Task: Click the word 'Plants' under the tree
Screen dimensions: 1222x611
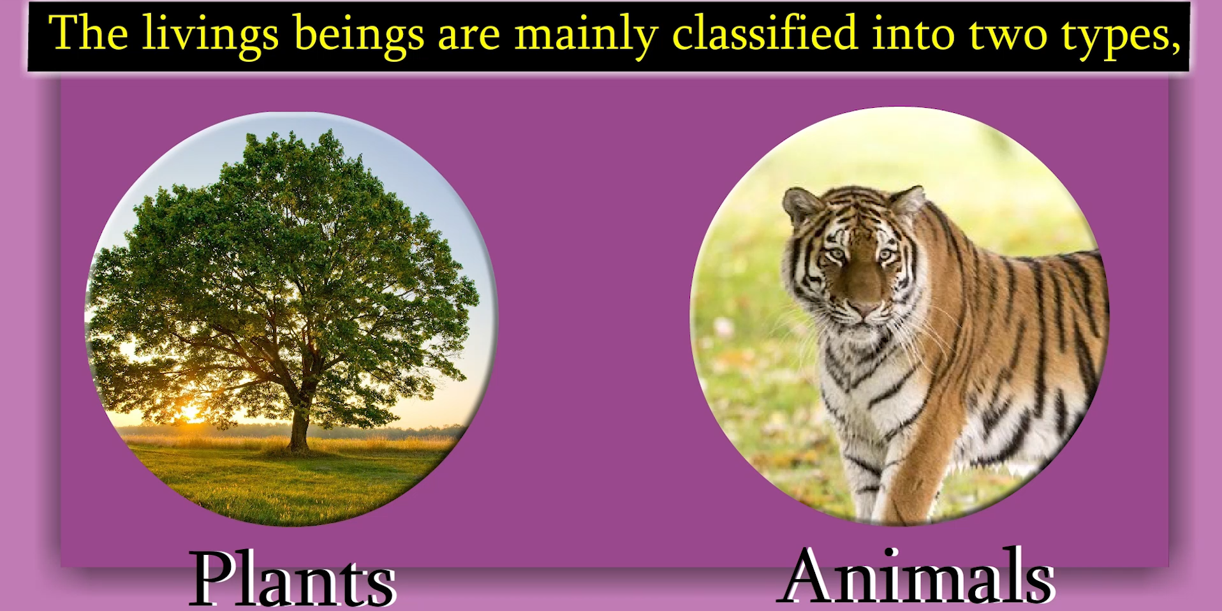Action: (x=293, y=578)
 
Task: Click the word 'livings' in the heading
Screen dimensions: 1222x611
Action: (x=210, y=36)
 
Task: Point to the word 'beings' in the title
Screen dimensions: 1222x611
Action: (x=359, y=36)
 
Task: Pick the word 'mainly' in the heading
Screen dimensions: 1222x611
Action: (x=586, y=36)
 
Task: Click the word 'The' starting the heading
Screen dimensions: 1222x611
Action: (x=88, y=33)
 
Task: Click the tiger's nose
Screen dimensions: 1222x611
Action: (x=864, y=311)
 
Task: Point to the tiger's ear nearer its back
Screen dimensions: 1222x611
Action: (x=907, y=201)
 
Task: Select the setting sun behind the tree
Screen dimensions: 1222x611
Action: (x=190, y=413)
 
